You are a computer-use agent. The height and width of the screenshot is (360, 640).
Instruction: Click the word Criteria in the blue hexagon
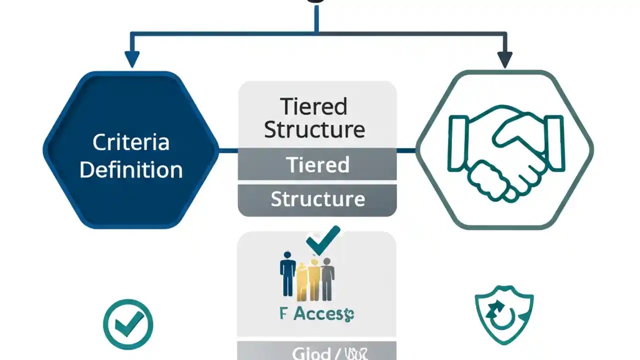tap(131, 142)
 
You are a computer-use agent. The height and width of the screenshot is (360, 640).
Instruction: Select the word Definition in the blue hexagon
tap(131, 170)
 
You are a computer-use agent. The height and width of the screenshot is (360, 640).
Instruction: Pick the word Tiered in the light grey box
tap(313, 106)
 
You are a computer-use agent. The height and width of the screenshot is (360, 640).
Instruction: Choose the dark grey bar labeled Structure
tap(317, 199)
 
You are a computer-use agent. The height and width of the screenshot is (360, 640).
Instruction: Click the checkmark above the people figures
tap(323, 240)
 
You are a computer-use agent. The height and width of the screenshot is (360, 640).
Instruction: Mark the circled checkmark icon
tap(128, 324)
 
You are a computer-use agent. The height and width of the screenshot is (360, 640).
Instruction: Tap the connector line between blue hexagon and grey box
tap(228, 150)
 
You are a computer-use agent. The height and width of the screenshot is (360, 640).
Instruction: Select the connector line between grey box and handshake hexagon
tap(406, 150)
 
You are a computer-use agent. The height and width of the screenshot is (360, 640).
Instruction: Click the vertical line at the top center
tap(316, 17)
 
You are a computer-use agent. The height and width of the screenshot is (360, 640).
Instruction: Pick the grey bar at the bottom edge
tap(317, 352)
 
